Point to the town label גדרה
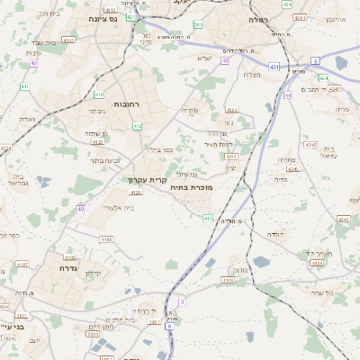[69, 267]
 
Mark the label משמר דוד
[318, 253]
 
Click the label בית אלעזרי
[119, 207]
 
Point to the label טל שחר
[323, 293]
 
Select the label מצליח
[251, 74]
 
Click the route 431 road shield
[274, 67]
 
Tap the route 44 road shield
[289, 94]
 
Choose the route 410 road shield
[99, 94]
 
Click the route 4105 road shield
[136, 192]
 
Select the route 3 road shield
[181, 302]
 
